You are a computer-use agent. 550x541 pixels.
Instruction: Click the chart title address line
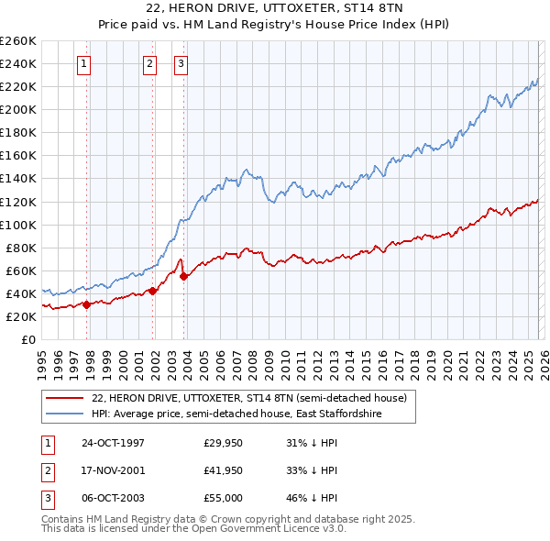275,7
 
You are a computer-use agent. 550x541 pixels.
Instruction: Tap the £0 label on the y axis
27,339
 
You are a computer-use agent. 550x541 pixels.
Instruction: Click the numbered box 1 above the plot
84,63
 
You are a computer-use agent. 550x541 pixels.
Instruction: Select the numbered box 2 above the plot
149,63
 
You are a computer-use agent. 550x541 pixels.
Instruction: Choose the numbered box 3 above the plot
181,63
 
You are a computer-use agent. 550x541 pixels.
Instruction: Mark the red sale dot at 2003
183,276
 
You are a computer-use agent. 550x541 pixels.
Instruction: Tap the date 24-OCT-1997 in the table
113,443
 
